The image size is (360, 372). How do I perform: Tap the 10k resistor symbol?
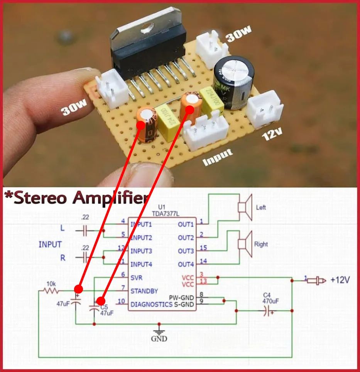[x=51, y=290]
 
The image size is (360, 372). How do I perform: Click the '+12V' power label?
[x=340, y=280]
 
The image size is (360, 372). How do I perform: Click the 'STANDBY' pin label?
[x=144, y=290]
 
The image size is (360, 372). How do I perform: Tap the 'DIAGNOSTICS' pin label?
[x=151, y=304]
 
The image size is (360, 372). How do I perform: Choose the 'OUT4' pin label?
[x=186, y=265]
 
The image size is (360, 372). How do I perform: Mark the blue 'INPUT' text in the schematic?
[x=50, y=245]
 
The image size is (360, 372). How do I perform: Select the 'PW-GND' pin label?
[x=182, y=298]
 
